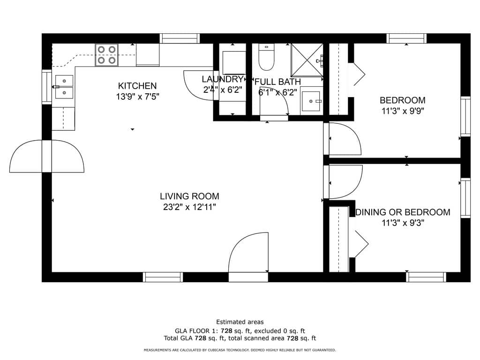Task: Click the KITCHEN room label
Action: [x=137, y=86]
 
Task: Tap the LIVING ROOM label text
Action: [x=189, y=196]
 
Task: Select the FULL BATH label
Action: [x=277, y=82]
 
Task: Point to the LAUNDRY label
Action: [x=223, y=79]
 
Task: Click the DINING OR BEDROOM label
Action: [x=403, y=212]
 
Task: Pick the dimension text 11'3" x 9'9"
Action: [x=403, y=111]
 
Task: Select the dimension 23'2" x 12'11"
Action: [x=189, y=207]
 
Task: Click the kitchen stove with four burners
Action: [x=106, y=55]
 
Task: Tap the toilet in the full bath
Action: [x=266, y=57]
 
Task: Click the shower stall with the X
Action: [x=307, y=60]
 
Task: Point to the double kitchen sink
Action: [x=64, y=87]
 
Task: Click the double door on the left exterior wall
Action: [x=47, y=156]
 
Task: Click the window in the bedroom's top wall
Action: [x=406, y=38]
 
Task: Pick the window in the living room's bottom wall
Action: [x=163, y=277]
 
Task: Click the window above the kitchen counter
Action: [x=180, y=38]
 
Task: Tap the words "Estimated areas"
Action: [x=240, y=322]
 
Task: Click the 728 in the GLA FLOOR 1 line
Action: [x=226, y=331]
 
